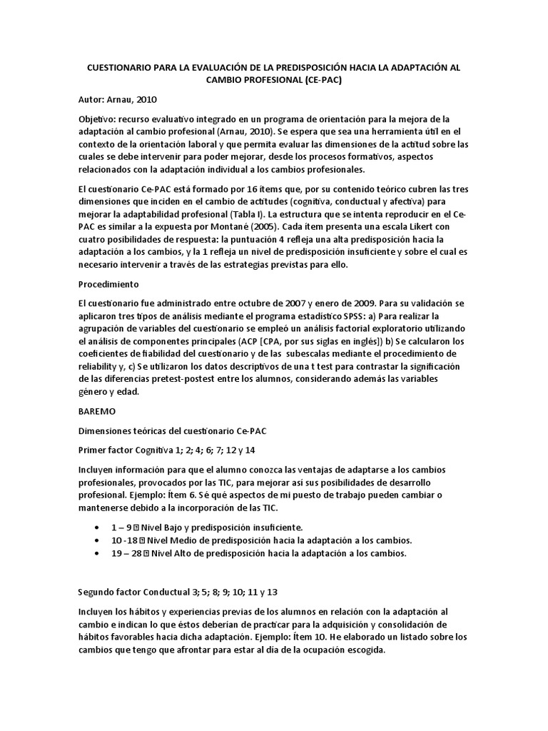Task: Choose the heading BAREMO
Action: [94, 411]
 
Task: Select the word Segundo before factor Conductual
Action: [96, 592]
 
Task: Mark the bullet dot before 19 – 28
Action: [96, 553]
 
